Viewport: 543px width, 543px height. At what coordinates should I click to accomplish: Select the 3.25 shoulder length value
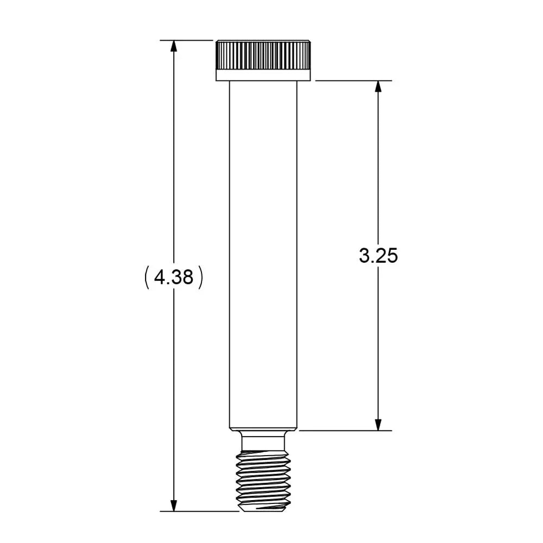click(378, 255)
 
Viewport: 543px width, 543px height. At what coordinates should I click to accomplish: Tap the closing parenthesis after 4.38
click(200, 277)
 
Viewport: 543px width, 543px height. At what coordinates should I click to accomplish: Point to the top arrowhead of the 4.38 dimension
click(174, 46)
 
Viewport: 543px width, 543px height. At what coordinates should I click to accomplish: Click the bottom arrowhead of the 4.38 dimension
click(174, 505)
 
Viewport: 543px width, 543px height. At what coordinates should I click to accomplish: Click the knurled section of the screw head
click(263, 54)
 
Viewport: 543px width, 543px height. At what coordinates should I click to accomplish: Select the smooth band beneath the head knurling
click(263, 75)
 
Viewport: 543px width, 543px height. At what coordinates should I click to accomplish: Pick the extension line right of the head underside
click(353, 81)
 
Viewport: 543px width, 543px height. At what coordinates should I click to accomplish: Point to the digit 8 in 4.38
click(187, 277)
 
